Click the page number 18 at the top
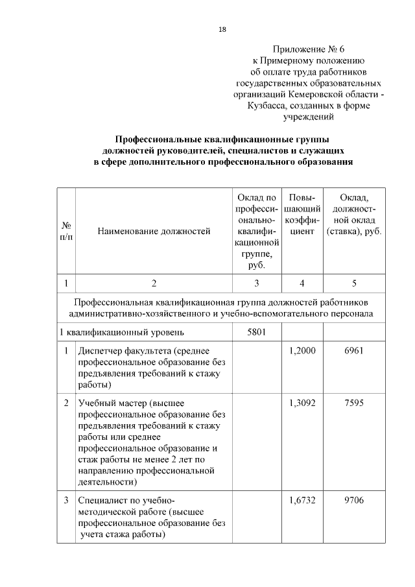pos(222,29)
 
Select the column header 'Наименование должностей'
pos(154,230)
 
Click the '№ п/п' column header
pos(66,230)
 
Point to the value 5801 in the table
pos(257,333)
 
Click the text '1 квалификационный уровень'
pos(121,333)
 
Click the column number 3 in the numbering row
pos(257,283)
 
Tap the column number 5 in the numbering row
pos(354,283)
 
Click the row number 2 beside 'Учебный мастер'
pos(66,403)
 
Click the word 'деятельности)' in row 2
pos(107,482)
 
